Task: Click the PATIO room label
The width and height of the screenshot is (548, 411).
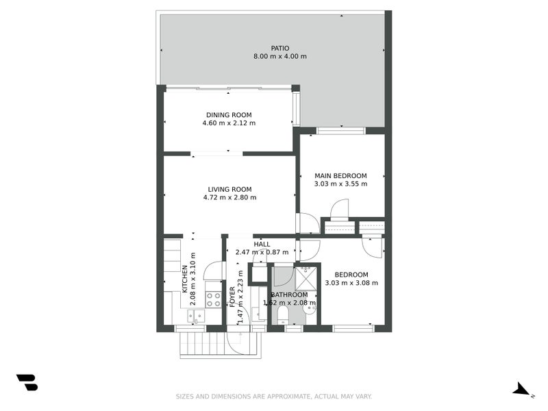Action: pos(279,48)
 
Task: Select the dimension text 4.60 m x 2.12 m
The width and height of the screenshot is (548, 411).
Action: pos(229,123)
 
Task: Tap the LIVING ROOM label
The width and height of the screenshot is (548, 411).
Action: pos(229,189)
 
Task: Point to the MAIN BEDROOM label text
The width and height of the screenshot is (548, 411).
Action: pos(340,175)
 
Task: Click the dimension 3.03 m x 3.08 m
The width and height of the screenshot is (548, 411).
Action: pos(351,283)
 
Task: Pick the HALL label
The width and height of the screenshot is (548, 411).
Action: pos(262,244)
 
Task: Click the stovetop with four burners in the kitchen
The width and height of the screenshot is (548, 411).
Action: pos(213,299)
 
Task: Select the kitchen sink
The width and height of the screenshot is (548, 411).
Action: pos(196,316)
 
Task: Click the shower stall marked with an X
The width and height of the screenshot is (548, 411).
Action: pos(306,278)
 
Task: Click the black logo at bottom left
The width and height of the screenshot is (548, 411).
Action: pos(27,382)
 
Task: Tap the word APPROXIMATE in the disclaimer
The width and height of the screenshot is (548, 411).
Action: pos(286,397)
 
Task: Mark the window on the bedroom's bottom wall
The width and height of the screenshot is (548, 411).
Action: pos(353,329)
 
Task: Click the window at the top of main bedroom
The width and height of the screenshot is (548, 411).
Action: pos(340,130)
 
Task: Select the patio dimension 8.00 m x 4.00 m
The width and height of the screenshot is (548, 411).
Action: pos(279,56)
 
